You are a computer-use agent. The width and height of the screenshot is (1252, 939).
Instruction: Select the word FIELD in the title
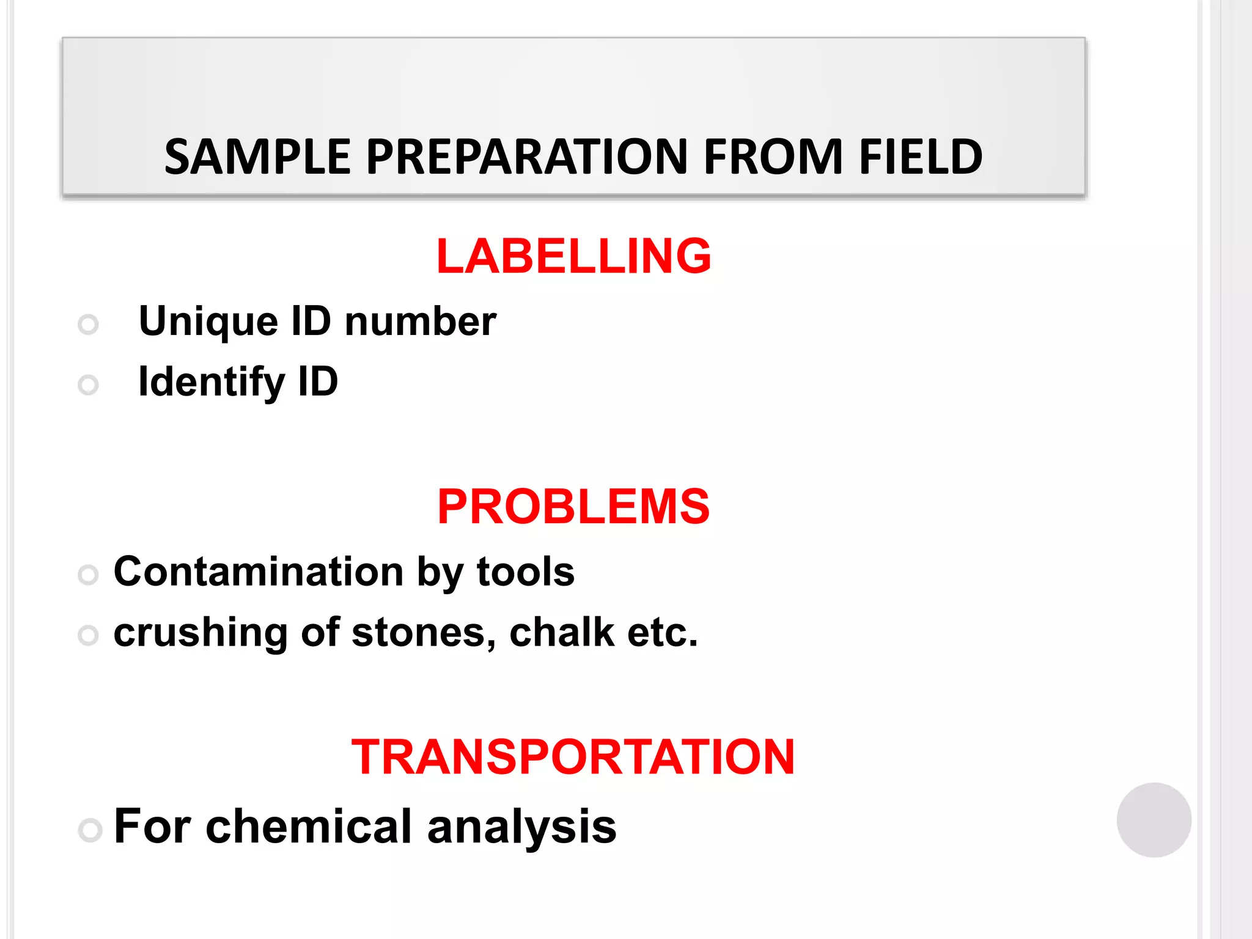tap(920, 157)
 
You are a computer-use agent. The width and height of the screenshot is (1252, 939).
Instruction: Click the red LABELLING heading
tap(573, 256)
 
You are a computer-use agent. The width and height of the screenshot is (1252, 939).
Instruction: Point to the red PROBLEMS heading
tap(573, 506)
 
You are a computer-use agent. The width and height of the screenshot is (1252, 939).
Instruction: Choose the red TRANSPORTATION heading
tap(573, 757)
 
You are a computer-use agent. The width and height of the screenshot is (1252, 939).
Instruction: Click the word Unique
tap(208, 322)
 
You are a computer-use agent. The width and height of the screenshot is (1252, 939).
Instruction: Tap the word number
tap(420, 322)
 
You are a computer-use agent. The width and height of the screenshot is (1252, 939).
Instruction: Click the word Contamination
tap(259, 572)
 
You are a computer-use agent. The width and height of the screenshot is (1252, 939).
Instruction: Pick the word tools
tap(525, 572)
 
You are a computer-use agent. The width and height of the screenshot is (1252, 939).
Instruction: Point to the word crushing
tap(201, 633)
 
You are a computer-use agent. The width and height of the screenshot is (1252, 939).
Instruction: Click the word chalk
tap(562, 633)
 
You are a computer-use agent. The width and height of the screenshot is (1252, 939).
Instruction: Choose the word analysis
tap(521, 827)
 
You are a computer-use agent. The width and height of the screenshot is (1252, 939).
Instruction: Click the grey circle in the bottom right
tap(1154, 820)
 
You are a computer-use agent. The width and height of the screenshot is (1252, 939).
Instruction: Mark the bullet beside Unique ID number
tap(89, 324)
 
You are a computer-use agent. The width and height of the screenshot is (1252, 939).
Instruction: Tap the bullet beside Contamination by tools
tap(89, 575)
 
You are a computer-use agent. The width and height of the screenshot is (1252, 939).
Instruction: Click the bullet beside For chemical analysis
tap(90, 830)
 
